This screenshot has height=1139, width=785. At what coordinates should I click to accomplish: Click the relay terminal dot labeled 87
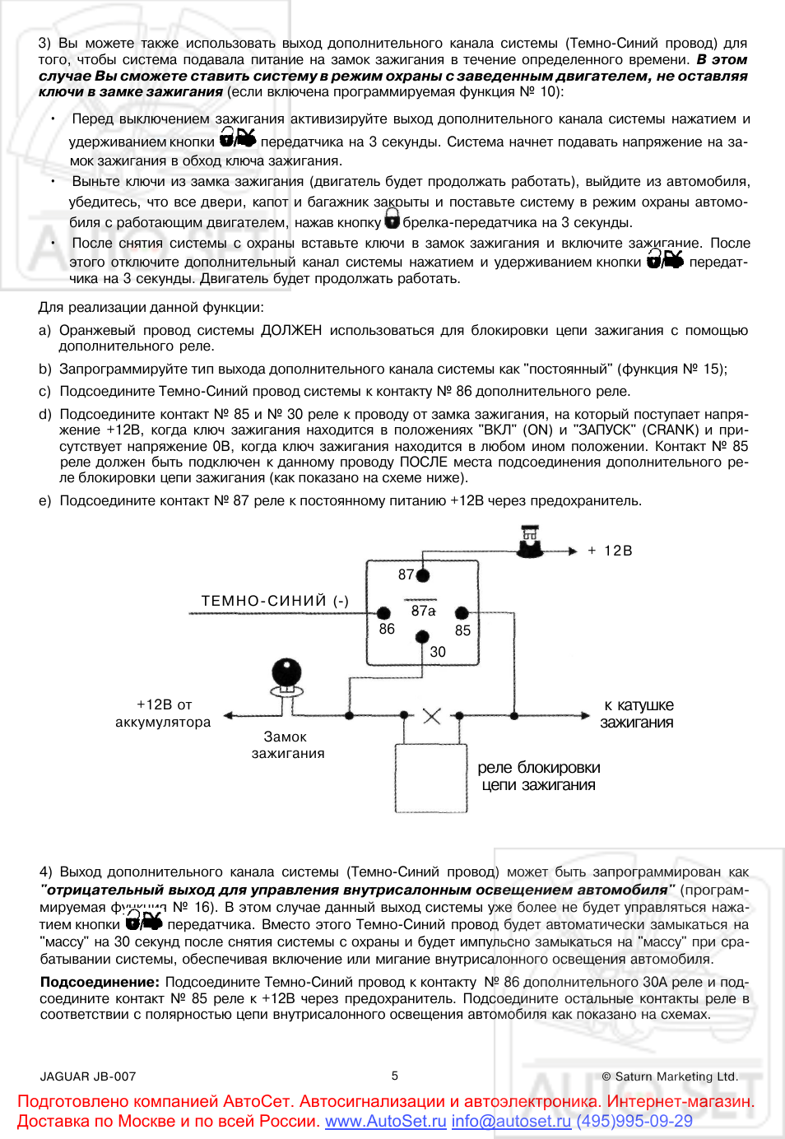(x=423, y=575)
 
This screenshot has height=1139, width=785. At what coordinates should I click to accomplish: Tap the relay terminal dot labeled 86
(x=383, y=613)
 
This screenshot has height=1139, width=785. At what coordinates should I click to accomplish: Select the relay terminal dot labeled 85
(x=462, y=613)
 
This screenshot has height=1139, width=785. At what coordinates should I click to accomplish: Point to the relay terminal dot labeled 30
(x=422, y=636)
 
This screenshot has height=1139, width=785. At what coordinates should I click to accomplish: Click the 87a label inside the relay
(x=423, y=611)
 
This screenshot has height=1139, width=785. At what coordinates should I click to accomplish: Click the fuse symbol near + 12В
(x=531, y=544)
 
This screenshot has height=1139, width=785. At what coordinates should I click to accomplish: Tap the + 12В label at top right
(x=610, y=551)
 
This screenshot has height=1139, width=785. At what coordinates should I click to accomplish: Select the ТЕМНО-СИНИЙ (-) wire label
(x=275, y=601)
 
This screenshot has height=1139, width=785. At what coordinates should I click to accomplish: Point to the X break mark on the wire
(x=431, y=716)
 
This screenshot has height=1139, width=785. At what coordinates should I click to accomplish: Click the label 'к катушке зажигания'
(x=638, y=714)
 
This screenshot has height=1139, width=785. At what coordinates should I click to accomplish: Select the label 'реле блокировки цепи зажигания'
(x=539, y=776)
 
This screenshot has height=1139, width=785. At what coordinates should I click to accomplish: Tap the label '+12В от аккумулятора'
(x=163, y=714)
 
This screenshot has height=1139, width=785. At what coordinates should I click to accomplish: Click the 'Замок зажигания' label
(x=287, y=745)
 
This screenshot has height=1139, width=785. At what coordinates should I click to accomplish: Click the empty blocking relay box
(x=431, y=778)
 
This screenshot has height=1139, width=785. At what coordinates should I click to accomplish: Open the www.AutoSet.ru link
(x=385, y=1121)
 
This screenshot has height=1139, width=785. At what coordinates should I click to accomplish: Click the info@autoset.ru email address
(x=511, y=1121)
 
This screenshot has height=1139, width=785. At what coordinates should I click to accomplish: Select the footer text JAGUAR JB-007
(x=88, y=1076)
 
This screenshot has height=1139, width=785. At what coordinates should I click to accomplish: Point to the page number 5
(x=395, y=1076)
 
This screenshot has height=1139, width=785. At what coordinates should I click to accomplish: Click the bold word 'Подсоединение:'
(x=100, y=982)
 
